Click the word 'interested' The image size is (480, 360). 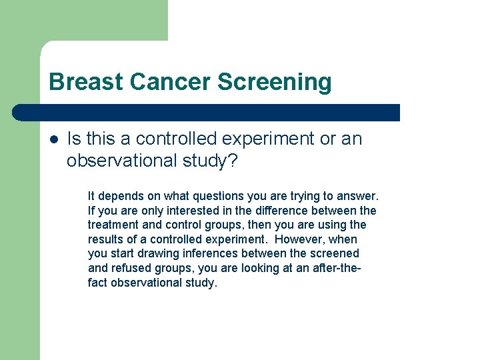(178, 211)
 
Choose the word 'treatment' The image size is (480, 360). (111, 225)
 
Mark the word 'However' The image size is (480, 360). (299, 239)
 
